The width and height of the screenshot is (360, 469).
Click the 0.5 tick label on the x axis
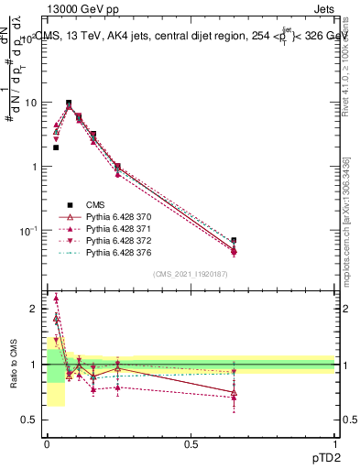coord(191,443)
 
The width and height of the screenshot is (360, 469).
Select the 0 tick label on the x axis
coord(48,443)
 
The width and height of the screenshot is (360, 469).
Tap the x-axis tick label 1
coord(334,443)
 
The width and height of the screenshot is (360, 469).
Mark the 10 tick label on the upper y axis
coord(30,103)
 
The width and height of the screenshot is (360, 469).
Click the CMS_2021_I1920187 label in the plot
coord(191,275)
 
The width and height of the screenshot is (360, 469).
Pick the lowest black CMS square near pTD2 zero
coord(56,147)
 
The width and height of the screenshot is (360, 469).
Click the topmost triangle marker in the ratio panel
coord(56,298)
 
